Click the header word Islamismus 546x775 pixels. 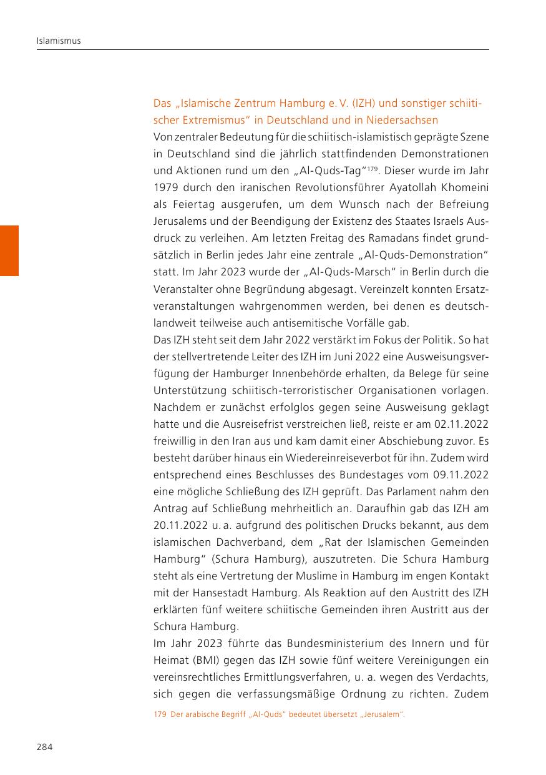[59, 41]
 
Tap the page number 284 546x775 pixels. [44, 747]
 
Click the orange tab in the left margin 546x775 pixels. [9, 250]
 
